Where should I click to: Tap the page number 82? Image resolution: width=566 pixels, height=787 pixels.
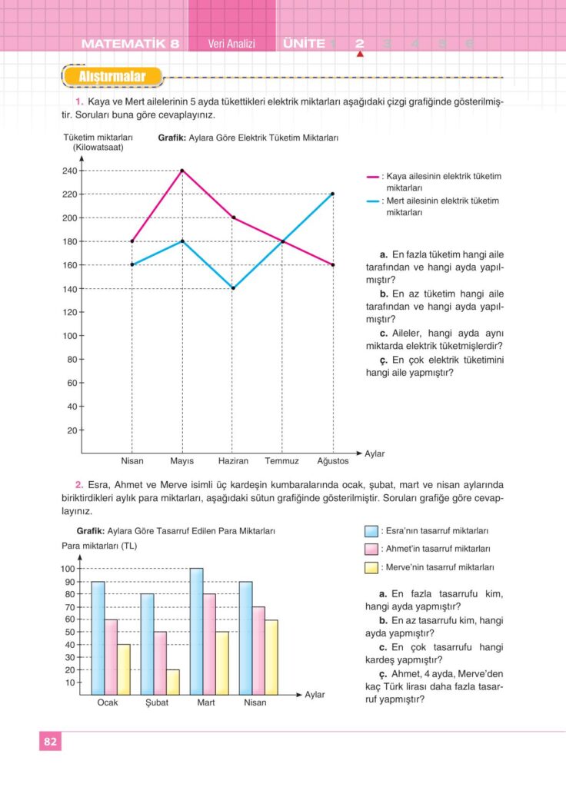50,742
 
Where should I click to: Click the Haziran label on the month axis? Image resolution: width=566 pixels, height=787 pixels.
232,461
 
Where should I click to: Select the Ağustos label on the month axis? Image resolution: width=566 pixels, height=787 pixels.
333,461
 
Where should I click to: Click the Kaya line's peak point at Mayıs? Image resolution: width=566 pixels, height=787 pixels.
182,171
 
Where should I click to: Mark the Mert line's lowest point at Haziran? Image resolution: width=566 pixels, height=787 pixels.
232,288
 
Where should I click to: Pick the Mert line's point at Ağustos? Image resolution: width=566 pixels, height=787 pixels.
333,194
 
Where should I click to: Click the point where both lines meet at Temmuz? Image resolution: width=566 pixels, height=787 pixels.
282,241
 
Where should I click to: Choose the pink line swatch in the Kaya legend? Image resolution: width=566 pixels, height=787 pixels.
373,177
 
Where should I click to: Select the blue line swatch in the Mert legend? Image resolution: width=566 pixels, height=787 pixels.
373,201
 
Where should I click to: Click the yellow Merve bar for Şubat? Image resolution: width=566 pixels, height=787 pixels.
173,682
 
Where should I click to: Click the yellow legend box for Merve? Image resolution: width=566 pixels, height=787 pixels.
371,568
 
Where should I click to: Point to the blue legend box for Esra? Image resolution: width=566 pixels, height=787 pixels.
371,531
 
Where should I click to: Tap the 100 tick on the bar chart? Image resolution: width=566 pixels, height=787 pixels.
68,569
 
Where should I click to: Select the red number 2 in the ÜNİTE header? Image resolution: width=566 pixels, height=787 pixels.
359,44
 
